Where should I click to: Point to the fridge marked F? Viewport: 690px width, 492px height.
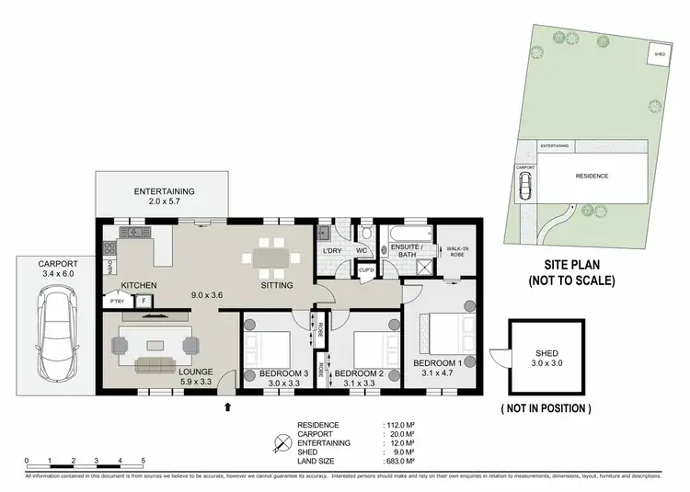(x=144, y=301)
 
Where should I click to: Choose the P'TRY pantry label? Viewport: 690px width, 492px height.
(x=117, y=301)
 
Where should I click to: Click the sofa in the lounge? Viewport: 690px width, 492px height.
(x=160, y=366)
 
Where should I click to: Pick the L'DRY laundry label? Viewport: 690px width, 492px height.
(x=332, y=251)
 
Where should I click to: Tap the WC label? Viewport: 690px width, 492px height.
(x=362, y=251)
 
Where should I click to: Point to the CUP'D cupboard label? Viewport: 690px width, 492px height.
(x=365, y=270)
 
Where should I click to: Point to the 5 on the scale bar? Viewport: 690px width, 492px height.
(x=143, y=459)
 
